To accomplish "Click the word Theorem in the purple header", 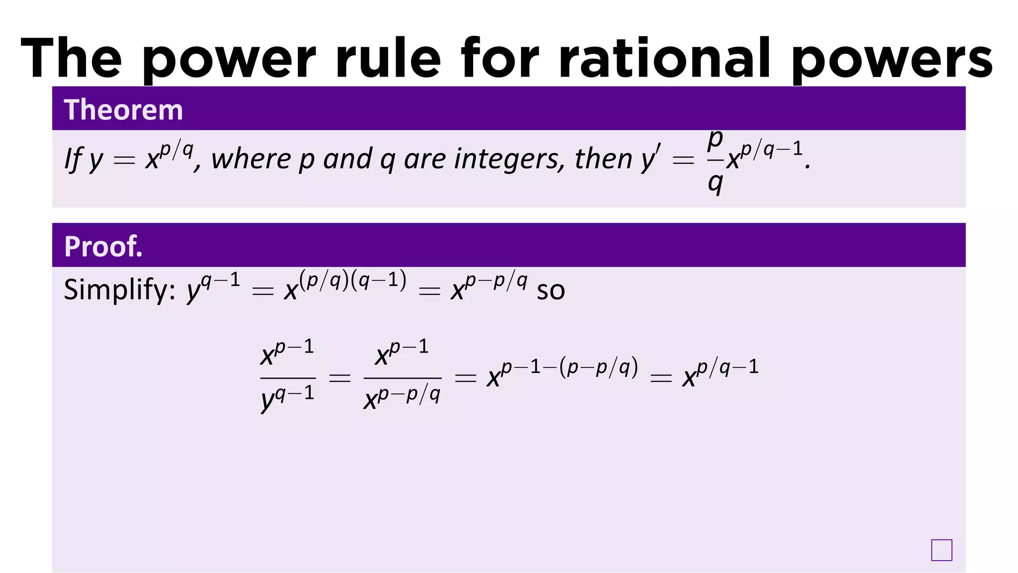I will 123,110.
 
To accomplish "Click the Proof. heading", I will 103,246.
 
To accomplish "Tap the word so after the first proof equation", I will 551,291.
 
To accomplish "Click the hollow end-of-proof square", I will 941,550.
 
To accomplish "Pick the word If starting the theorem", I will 73,160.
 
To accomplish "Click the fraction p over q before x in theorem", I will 715,162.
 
